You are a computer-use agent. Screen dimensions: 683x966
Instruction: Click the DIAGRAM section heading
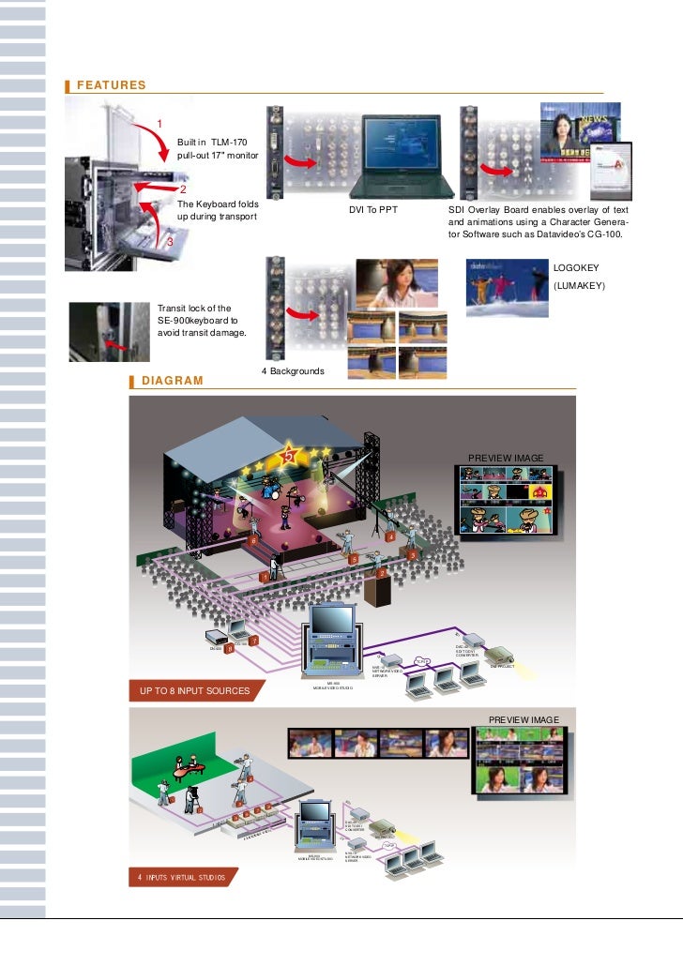172,381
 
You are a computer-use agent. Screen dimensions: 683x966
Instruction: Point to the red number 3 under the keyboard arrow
170,243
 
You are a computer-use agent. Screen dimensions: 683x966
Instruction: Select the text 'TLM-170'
231,141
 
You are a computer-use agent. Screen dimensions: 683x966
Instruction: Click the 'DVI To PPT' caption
373,210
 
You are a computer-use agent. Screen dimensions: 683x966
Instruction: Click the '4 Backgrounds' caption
292,371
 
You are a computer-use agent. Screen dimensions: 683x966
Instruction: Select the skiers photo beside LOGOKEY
505,289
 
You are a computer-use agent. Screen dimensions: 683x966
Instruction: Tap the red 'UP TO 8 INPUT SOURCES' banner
195,691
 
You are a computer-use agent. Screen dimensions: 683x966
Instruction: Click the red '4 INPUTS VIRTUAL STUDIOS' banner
182,878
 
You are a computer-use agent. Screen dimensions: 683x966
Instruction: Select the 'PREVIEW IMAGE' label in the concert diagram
511,458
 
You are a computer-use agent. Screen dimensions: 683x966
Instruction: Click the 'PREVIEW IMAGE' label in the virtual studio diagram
524,719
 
